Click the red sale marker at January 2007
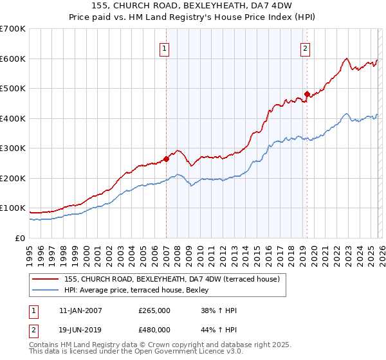(166, 158)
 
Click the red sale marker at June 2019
(307, 94)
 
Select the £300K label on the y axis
(14, 148)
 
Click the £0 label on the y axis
(20, 239)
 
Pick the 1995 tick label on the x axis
(30, 251)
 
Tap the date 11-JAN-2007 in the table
(80, 311)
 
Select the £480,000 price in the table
(154, 329)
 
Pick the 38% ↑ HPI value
(219, 311)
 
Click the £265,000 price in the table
(154, 311)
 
